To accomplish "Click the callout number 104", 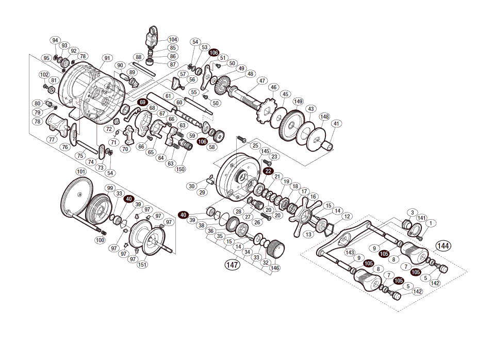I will pos(173,39).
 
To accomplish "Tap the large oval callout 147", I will pos(233,265).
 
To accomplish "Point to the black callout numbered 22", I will pos(268,171).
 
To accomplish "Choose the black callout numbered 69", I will pos(142,103).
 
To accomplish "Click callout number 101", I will pos(80,171).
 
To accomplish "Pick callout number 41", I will pos(336,124).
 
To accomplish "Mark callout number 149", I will pos(298,102).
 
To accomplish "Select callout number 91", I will pos(107,58).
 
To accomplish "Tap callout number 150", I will pos(180,169).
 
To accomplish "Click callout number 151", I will pos(142,265).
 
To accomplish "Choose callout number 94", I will pos(55,40).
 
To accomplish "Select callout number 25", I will pos(255,146).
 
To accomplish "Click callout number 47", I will pos(262,80).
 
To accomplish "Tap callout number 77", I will pos(52,139).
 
